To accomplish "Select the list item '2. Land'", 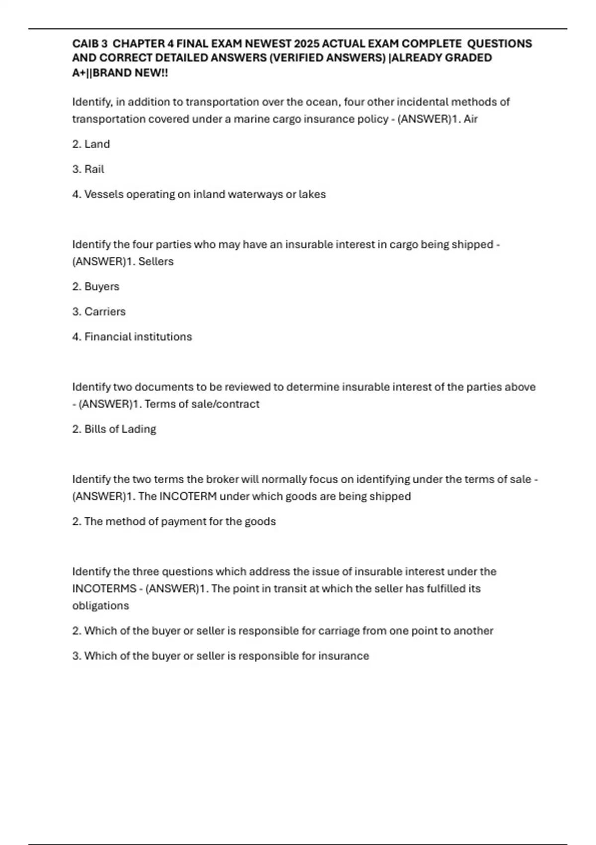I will pyautogui.click(x=91, y=144).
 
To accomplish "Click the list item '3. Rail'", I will pyautogui.click(x=88, y=169).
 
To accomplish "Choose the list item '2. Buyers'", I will pyautogui.click(x=96, y=287).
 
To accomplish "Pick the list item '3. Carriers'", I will pyautogui.click(x=99, y=312).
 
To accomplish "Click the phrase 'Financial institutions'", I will pyautogui.click(x=138, y=337).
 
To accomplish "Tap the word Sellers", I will pyautogui.click(x=156, y=261).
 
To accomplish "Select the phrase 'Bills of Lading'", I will pyautogui.click(x=120, y=429).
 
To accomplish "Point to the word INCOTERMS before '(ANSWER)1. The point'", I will pyautogui.click(x=104, y=589).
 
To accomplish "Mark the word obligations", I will pyautogui.click(x=101, y=606).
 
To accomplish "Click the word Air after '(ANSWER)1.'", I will pyautogui.click(x=470, y=119).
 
